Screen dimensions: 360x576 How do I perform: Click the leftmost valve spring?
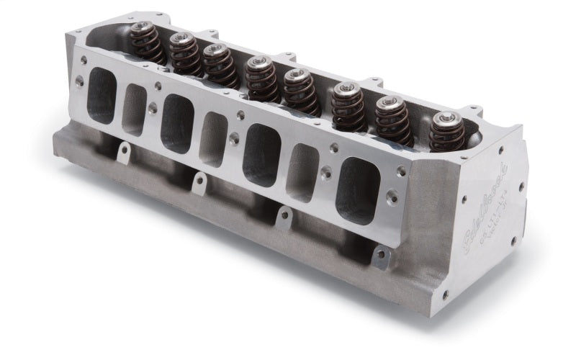(x=148, y=42)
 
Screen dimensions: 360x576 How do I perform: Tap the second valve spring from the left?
(x=185, y=55)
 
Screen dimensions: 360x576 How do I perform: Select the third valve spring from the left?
(x=219, y=66)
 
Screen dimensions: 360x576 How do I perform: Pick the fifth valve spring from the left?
(x=300, y=91)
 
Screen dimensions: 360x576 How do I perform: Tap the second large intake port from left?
(x=177, y=122)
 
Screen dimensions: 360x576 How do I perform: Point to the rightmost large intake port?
(x=358, y=189)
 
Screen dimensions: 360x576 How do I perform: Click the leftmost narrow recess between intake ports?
(x=135, y=109)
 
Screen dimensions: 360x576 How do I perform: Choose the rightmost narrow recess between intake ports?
(x=303, y=172)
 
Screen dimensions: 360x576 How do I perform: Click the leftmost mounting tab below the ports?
(x=124, y=153)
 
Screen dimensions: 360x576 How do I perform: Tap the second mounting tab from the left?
(x=197, y=181)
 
